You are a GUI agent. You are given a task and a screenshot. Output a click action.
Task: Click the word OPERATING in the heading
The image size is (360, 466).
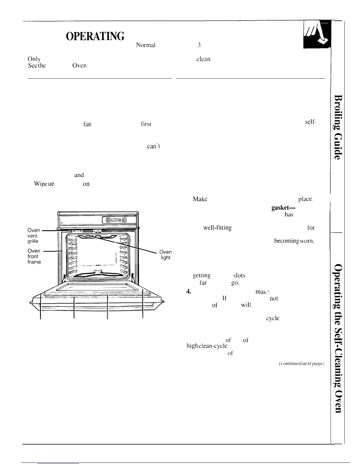pyautogui.click(x=96, y=36)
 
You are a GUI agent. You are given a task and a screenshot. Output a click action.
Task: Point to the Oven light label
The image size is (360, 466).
pyautogui.click(x=165, y=255)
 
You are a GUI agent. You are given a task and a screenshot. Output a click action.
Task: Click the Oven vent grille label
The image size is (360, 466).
pyautogui.click(x=34, y=236)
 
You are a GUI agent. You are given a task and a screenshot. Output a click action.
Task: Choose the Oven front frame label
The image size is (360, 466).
pyautogui.click(x=34, y=256)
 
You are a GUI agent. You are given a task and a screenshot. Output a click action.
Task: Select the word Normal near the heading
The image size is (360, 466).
pyautogui.click(x=145, y=45)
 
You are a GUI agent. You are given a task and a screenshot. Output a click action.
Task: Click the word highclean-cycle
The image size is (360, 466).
pyautogui.click(x=207, y=346)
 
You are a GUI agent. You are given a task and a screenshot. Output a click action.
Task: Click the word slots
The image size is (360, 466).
pyautogui.click(x=239, y=276)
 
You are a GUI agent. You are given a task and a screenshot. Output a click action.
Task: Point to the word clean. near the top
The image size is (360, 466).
pyautogui.click(x=204, y=59)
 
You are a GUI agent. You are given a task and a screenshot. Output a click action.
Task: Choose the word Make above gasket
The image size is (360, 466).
pyautogui.click(x=200, y=199)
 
